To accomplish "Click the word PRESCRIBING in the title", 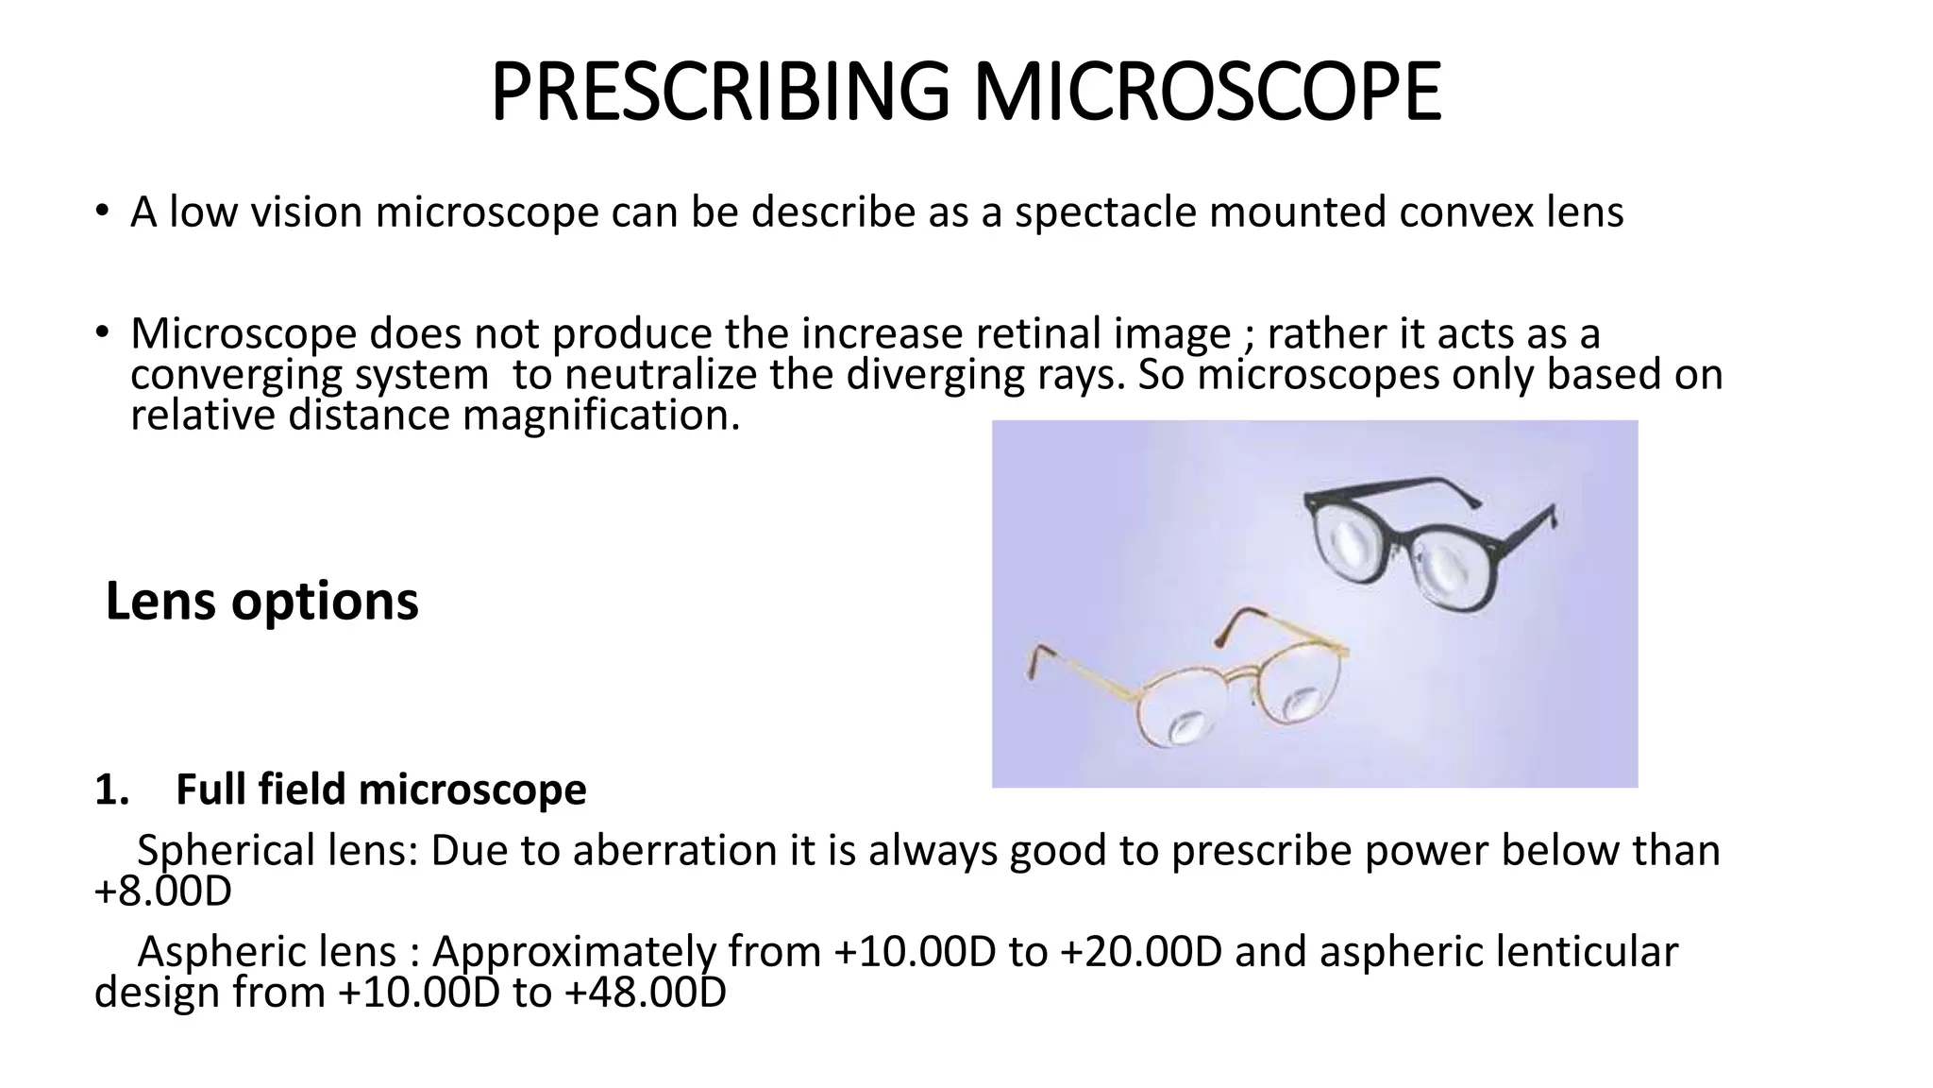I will [719, 93].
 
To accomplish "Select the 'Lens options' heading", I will [261, 601].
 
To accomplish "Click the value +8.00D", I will [163, 892].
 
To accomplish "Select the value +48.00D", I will [646, 993].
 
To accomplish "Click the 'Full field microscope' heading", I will [380, 790].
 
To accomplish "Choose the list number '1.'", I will [111, 790].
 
